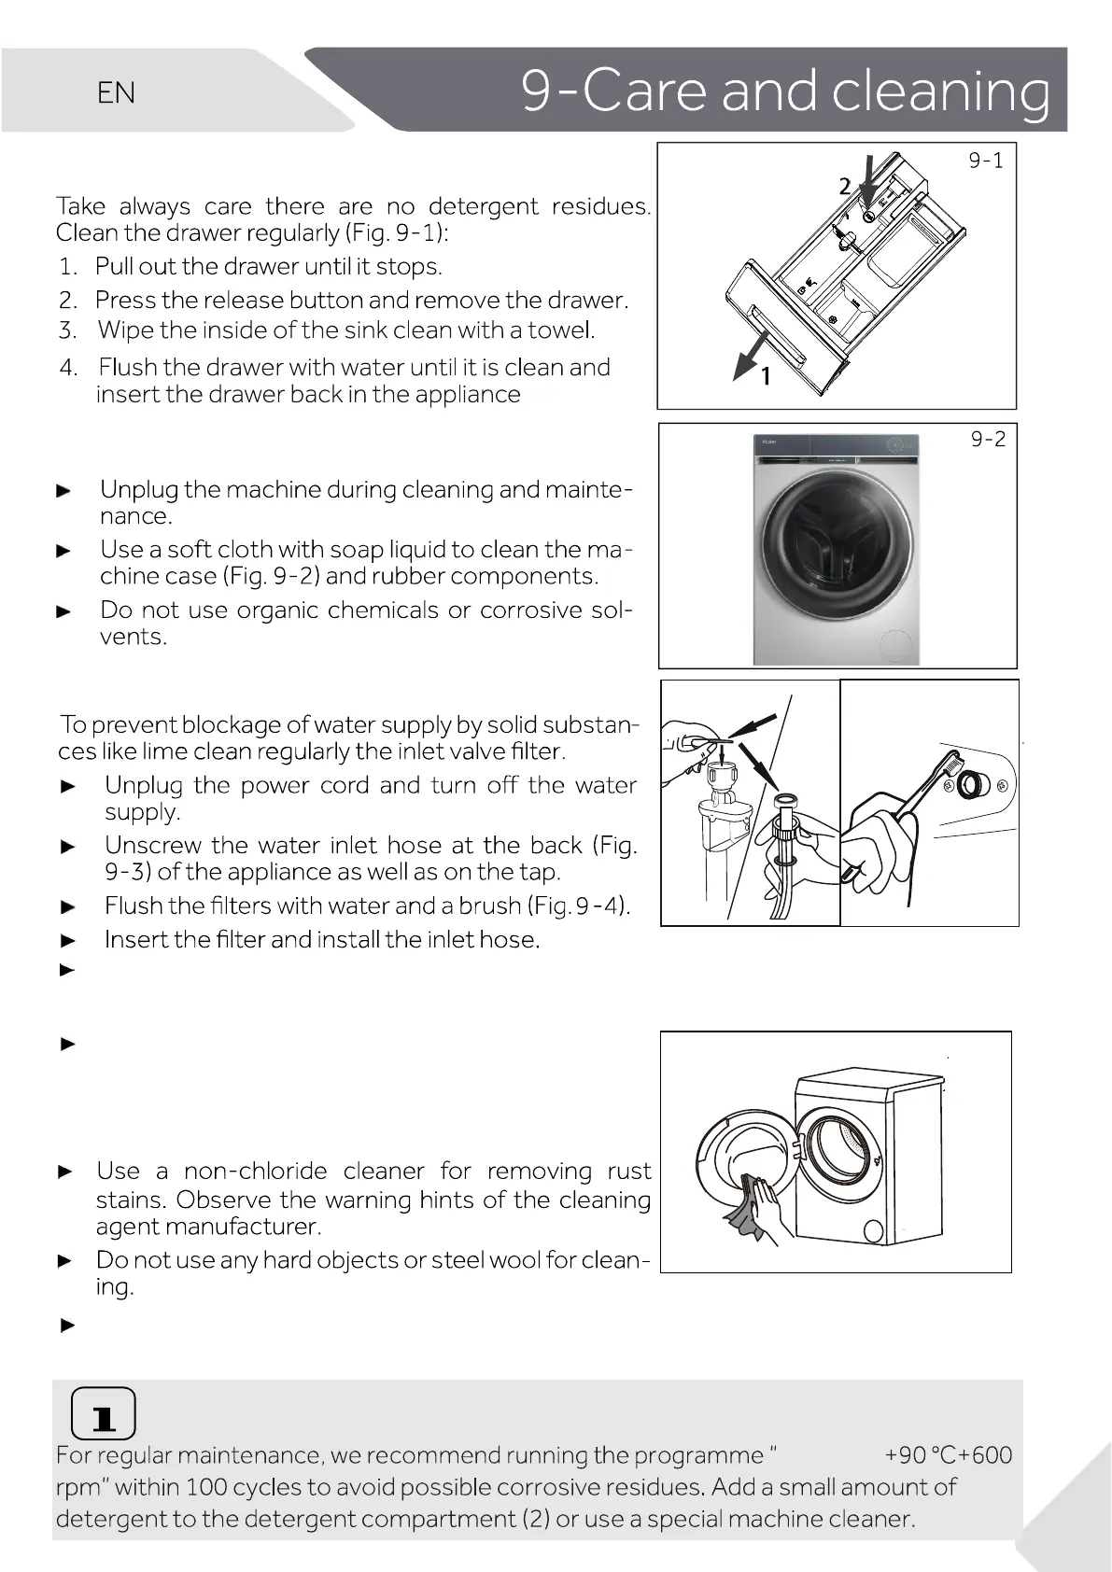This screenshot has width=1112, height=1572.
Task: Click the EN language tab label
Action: click(x=116, y=92)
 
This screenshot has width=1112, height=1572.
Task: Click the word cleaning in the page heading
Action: click(x=940, y=92)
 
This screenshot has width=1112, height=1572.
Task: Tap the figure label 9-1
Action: click(x=985, y=161)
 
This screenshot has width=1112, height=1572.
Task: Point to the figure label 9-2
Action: click(x=988, y=439)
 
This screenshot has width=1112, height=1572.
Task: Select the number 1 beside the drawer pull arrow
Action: click(x=766, y=376)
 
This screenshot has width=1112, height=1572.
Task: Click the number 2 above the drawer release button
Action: click(x=844, y=187)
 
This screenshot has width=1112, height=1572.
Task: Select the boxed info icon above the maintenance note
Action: click(x=103, y=1415)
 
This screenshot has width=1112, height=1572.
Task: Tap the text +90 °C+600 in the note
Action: click(x=948, y=1454)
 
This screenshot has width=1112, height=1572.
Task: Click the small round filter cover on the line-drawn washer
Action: click(x=874, y=1232)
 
